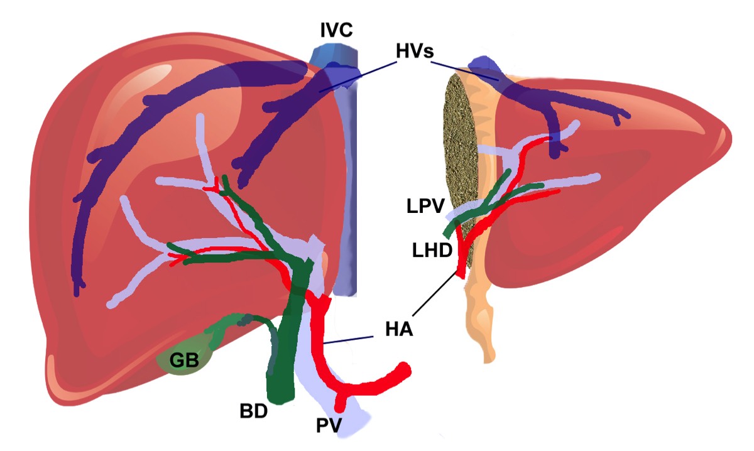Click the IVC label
(336, 29)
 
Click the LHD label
(431, 251)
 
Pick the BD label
(253, 411)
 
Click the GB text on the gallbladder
(184, 360)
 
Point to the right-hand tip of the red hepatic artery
(403, 370)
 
